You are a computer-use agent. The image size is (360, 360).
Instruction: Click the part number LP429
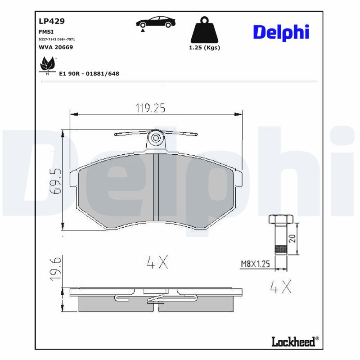(52, 21)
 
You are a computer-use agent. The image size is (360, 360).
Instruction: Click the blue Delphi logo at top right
(281, 32)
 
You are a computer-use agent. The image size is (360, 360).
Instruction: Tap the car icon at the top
(156, 23)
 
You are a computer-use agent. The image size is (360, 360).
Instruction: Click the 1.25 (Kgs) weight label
(204, 48)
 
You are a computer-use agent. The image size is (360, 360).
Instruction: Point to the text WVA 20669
(56, 47)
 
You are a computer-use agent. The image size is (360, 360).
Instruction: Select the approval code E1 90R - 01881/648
(89, 74)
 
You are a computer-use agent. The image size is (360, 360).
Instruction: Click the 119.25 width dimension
(151, 108)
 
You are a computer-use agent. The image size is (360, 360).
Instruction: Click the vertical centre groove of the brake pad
(156, 188)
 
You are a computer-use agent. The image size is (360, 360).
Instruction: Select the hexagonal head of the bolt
(281, 219)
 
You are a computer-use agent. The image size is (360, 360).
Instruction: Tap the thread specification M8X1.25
(254, 264)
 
